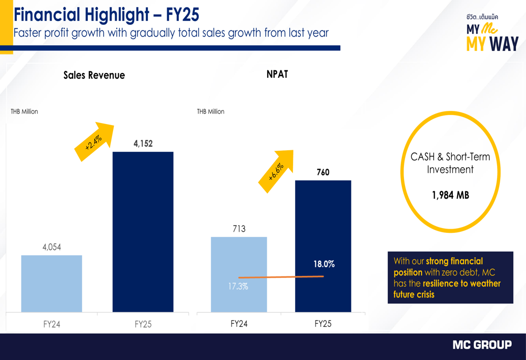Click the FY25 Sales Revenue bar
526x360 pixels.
[x=143, y=231]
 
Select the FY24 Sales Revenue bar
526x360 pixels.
[x=52, y=284]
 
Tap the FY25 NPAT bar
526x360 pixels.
[x=323, y=226]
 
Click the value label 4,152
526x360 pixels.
[x=143, y=143]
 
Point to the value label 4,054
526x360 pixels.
[x=52, y=246]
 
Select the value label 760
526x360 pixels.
[x=323, y=172]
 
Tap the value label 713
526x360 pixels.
[x=239, y=229]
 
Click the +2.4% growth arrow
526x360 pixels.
[x=96, y=140]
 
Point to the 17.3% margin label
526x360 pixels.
[x=238, y=287]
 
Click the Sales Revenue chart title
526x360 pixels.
[x=94, y=75]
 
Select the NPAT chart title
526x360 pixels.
[x=277, y=74]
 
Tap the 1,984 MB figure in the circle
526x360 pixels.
[x=450, y=196]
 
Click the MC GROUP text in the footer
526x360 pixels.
[x=482, y=345]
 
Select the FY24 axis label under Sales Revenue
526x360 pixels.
[x=52, y=324]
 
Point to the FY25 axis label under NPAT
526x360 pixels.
[x=323, y=324]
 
